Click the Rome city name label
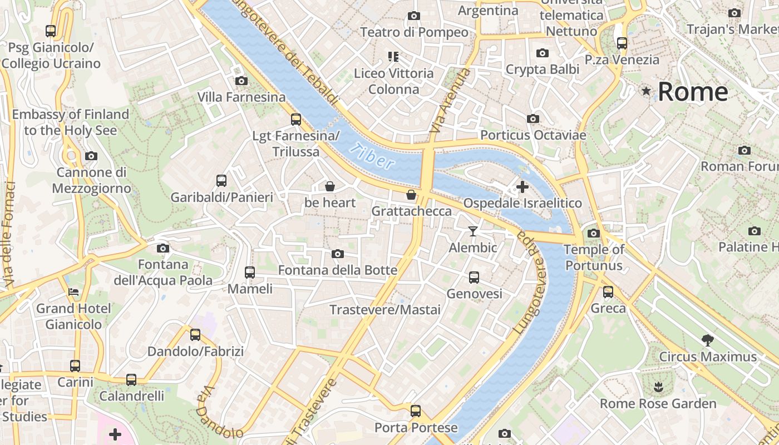click(693, 92)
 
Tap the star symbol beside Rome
click(646, 91)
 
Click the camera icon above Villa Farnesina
click(241, 81)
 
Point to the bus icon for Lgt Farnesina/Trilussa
click(296, 119)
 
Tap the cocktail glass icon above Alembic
click(473, 231)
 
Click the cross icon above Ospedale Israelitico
click(522, 187)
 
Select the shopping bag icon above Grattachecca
click(411, 195)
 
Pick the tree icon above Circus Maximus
click(707, 340)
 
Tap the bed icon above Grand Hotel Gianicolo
click(73, 291)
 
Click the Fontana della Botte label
click(337, 270)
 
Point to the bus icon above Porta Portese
click(416, 411)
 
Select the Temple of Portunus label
click(594, 258)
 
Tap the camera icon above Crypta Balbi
click(542, 53)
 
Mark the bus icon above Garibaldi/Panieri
click(221, 181)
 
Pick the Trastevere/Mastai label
click(385, 310)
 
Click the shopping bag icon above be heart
click(330, 186)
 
